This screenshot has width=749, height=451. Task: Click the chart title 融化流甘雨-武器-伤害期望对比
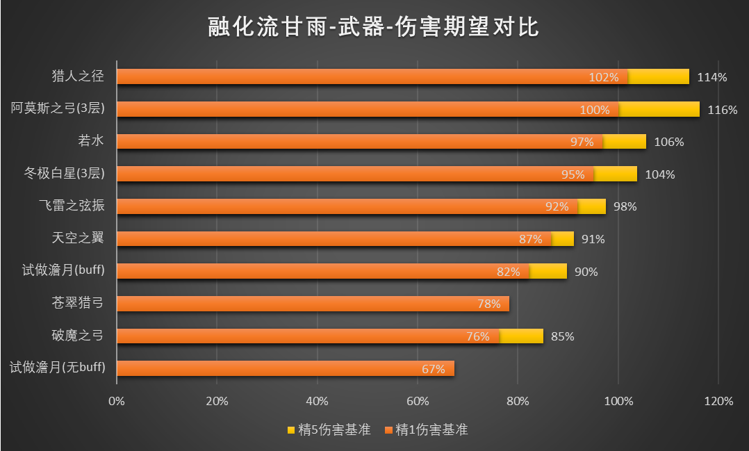[x=374, y=27]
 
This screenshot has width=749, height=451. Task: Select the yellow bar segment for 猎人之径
[x=659, y=76]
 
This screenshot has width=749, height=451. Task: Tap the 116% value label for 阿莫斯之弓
[x=723, y=110]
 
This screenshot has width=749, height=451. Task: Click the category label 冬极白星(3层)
[x=64, y=174]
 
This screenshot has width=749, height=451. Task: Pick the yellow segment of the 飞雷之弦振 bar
[x=592, y=206]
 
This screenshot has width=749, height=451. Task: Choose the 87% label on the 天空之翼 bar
[x=530, y=239]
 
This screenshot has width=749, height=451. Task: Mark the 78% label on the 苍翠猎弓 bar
[x=489, y=304]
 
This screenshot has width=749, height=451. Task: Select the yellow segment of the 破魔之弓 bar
[x=521, y=336]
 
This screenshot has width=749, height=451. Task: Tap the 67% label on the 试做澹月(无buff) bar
[x=433, y=369]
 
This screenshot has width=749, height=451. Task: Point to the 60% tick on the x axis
[x=418, y=401]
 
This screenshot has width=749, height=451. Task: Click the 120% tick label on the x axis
[x=718, y=401]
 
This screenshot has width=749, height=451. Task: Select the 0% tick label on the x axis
[x=117, y=401]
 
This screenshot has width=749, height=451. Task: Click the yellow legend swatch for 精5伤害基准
[x=290, y=430]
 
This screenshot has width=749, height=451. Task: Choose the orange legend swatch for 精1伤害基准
[x=388, y=430]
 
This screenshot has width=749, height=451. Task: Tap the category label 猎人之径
[x=78, y=76]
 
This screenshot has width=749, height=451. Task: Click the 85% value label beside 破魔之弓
[x=562, y=337]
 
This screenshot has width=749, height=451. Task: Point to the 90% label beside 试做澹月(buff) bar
[x=586, y=272]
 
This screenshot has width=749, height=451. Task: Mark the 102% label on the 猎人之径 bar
[x=603, y=77]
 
